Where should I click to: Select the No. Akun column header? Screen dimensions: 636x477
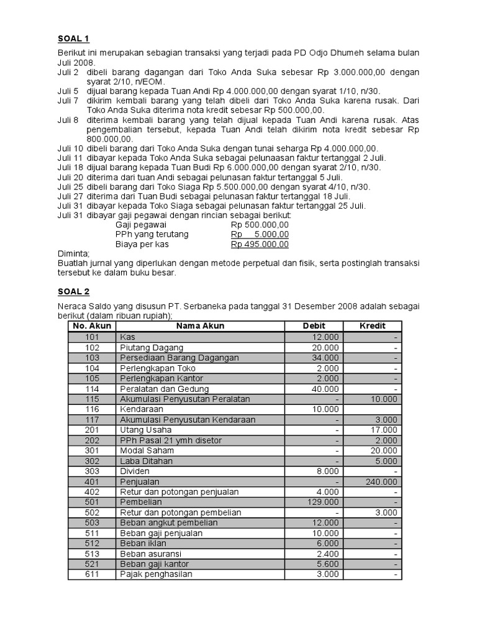91,326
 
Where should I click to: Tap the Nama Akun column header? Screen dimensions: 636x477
200,326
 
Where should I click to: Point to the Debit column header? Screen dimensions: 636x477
314,326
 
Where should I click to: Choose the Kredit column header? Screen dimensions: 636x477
373,326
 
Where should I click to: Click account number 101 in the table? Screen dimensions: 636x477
92,337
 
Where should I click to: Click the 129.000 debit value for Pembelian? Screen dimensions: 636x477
324,502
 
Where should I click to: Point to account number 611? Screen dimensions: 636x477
92,575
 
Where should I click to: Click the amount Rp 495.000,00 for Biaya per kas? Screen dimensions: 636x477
260,244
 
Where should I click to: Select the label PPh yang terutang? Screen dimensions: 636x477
152,234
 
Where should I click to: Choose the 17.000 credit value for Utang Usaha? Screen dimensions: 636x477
385,430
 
